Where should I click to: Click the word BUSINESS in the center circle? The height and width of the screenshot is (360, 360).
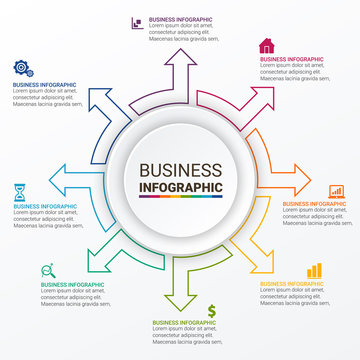pos(180,170)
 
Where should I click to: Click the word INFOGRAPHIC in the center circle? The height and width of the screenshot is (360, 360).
pos(180,186)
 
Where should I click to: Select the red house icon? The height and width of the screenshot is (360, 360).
pos(266,45)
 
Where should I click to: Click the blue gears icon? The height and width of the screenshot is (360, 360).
pos(21,68)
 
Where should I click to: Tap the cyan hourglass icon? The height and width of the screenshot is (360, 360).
pos(20,189)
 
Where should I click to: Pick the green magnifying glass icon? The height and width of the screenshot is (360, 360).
pos(47,269)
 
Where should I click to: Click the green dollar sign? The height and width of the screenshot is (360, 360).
pos(212,309)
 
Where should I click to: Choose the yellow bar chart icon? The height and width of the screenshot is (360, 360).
pos(314,270)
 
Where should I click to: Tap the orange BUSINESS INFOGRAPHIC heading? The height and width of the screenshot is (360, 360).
pos(314,204)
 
